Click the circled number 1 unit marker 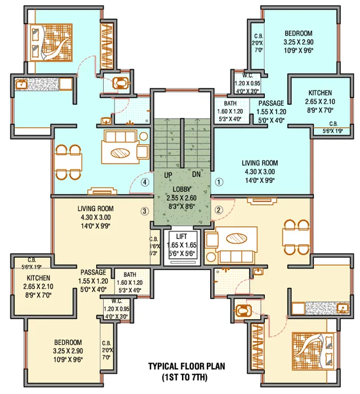[220, 182]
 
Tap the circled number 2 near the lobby [220, 210]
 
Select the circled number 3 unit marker [145, 212]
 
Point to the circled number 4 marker [145, 182]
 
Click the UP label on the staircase [168, 175]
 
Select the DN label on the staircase [197, 175]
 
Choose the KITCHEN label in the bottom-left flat [38, 278]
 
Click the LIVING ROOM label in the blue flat [261, 163]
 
